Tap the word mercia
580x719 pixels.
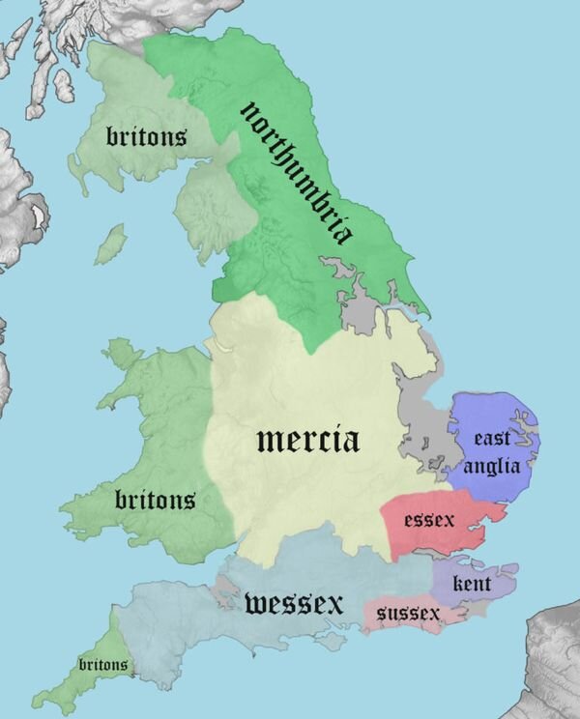[x=308, y=441]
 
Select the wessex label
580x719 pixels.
[x=294, y=605]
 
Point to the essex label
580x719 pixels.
[x=429, y=520]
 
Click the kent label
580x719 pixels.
[x=472, y=584]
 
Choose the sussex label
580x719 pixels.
[x=408, y=614]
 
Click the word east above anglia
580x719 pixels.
[x=492, y=439]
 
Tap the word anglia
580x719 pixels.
[x=492, y=466]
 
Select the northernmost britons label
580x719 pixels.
[x=146, y=137]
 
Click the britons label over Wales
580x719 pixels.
[x=155, y=500]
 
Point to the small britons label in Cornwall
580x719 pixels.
[x=103, y=665]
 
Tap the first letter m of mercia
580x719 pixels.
[x=268, y=441]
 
